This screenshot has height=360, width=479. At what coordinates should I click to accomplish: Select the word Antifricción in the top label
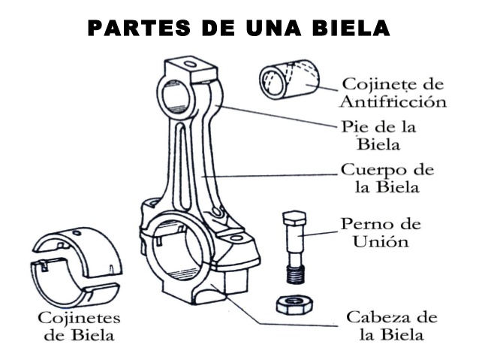(393, 100)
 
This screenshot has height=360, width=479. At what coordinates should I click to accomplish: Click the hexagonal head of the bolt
(293, 219)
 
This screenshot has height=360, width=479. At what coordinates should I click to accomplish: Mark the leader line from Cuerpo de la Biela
(270, 175)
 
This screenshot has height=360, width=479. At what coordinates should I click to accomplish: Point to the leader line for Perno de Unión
(321, 234)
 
